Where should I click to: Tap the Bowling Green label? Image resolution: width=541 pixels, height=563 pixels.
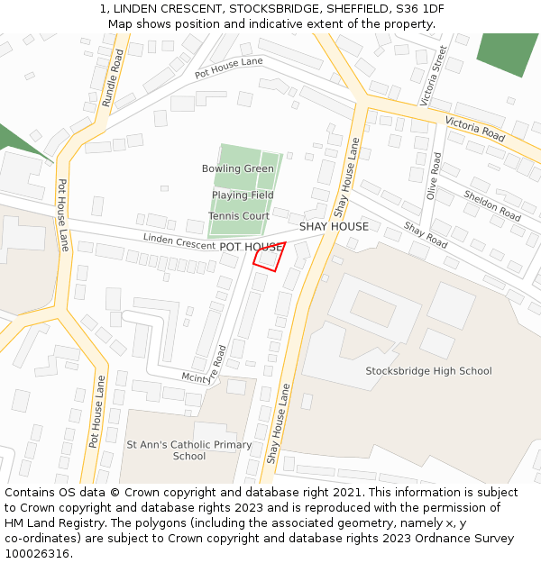click(238, 168)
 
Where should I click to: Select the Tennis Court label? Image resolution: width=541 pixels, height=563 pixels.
click(239, 216)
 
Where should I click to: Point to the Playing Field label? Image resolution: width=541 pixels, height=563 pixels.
click(243, 195)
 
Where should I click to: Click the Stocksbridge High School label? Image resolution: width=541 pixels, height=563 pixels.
click(428, 371)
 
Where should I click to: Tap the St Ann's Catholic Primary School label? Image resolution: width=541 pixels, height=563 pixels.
click(189, 450)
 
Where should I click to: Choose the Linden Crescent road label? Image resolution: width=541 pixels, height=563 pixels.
click(179, 241)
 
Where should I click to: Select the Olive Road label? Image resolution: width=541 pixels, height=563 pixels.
click(435, 176)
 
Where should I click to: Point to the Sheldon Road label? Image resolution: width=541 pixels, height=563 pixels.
click(492, 205)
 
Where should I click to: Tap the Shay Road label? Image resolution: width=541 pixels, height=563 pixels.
click(426, 235)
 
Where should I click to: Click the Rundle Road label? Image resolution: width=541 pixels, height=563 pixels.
click(115, 78)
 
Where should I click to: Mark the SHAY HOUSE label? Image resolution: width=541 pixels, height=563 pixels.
click(334, 227)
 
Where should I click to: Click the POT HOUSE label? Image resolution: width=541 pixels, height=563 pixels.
click(252, 247)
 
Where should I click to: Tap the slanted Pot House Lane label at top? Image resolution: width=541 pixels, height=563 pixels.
click(229, 66)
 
